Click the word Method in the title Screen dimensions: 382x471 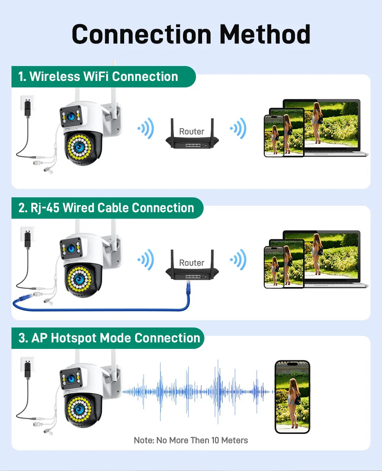(x=265, y=34)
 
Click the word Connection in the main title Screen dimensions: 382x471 (x=141, y=34)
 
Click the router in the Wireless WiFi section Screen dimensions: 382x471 (x=192, y=133)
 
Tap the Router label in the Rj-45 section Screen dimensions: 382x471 (x=192, y=263)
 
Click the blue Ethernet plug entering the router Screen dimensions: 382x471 (x=188, y=288)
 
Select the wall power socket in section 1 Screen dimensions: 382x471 (x=28, y=103)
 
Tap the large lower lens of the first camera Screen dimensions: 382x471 (x=79, y=147)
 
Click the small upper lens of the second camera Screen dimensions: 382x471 (x=71, y=248)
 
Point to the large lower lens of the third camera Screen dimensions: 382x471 (x=79, y=409)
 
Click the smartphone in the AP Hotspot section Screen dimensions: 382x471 (x=292, y=397)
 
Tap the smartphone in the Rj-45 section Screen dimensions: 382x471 (x=274, y=267)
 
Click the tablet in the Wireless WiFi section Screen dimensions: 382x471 (x=287, y=132)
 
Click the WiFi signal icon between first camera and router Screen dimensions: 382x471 (x=146, y=128)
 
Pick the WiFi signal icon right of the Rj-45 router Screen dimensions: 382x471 (x=238, y=260)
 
